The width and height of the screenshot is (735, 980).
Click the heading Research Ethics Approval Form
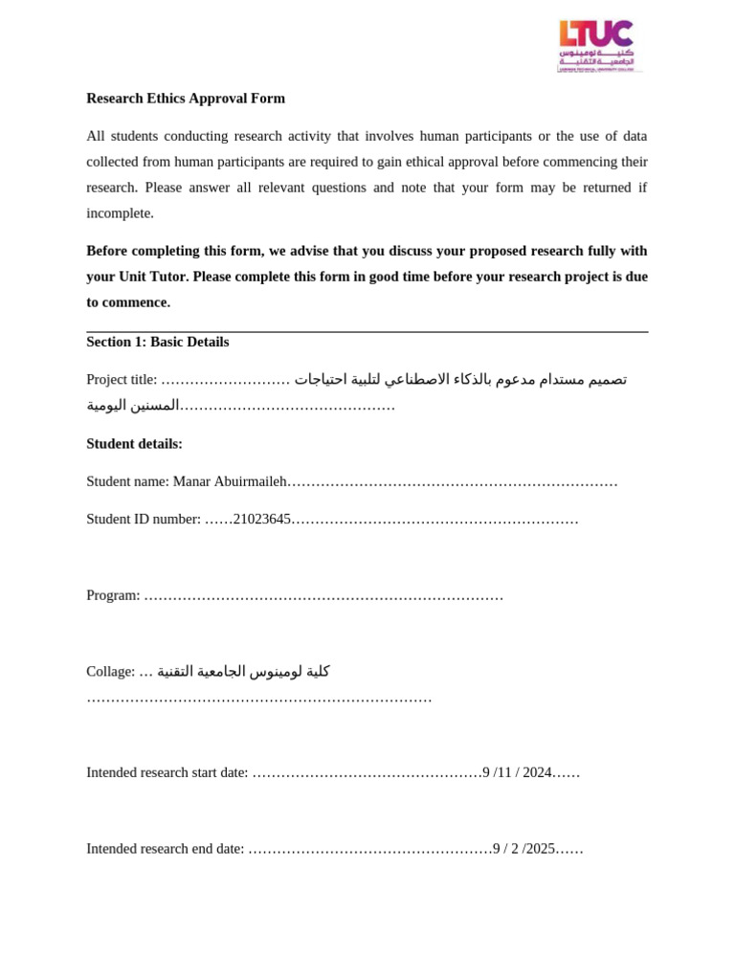(186, 99)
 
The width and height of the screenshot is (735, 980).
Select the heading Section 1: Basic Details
(158, 342)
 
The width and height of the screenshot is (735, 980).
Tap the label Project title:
(122, 380)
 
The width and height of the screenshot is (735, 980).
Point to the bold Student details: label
(134, 444)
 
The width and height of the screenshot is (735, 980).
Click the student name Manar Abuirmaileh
(230, 481)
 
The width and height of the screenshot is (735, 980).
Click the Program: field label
(113, 595)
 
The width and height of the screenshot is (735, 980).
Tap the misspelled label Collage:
(110, 672)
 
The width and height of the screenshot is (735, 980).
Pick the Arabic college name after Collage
(243, 671)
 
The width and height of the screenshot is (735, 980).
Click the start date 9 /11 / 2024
(518, 772)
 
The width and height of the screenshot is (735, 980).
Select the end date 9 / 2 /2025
(523, 848)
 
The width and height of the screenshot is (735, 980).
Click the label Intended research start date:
(167, 772)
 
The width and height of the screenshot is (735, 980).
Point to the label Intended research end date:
(166, 848)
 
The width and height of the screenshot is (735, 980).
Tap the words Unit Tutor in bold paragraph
(153, 277)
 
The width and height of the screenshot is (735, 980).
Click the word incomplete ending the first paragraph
(120, 213)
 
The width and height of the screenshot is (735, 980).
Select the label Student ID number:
(144, 519)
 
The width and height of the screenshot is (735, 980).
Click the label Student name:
(127, 481)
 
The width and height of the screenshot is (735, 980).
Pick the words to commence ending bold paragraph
(128, 302)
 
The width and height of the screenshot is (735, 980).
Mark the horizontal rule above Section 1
(367, 331)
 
